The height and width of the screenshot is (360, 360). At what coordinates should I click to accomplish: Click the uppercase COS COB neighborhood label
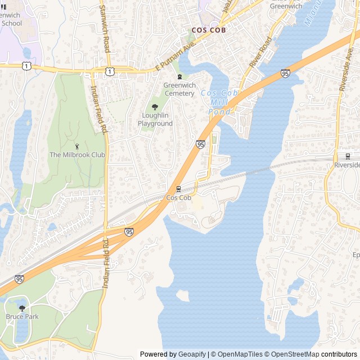coord(208,30)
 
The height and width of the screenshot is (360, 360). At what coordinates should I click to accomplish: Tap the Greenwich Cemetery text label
coord(179,89)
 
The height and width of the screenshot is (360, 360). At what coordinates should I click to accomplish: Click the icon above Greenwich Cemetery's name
coord(179,77)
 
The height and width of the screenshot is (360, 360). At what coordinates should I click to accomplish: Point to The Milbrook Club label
coord(77,155)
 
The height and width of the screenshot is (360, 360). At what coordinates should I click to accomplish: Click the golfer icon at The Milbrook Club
coord(78,145)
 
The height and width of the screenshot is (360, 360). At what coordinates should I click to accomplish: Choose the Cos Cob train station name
coord(179,198)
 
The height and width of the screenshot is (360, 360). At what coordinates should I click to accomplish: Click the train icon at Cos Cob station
coord(179,188)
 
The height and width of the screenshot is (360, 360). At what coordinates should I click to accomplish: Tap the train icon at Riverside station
coord(348,156)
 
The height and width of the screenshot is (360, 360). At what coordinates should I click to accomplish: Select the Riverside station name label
coord(347,165)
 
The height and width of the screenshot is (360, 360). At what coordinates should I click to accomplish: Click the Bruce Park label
coord(22,317)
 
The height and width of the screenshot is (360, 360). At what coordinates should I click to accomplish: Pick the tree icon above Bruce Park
coord(22,308)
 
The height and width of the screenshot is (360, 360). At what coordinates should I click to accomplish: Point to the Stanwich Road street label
coord(104,28)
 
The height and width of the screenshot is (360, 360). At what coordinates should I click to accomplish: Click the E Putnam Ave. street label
coord(175,57)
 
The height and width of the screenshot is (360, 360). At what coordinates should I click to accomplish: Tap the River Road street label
coord(260,53)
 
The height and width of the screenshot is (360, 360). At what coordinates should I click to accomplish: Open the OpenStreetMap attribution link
coord(293,354)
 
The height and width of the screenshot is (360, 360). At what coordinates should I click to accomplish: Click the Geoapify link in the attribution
coord(192,354)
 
